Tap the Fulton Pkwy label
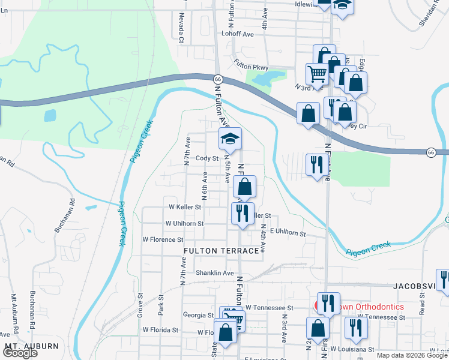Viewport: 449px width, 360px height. coord(251,67)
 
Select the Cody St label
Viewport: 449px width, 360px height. coord(206,158)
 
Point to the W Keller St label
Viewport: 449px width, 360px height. coord(185,207)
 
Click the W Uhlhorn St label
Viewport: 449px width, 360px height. coord(184,223)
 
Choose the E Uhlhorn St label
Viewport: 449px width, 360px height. coord(288,233)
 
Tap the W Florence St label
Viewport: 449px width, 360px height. coord(162,239)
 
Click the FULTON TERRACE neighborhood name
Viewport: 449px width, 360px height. coord(224,250)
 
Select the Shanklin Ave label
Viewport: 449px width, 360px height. coord(214,272)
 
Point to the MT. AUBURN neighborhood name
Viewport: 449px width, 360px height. coord(31,346)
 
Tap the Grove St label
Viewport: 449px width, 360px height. coord(140,304)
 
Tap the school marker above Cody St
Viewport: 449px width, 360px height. coord(229,139)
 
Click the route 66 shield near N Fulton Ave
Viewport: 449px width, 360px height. coord(218,79)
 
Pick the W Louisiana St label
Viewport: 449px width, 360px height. coord(355,349)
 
